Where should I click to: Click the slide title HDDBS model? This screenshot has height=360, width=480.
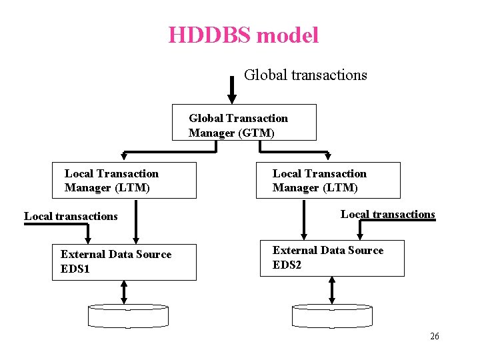point(243,35)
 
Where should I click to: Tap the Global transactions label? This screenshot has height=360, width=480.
point(305,75)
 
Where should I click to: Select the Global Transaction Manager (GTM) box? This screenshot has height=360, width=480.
point(244,123)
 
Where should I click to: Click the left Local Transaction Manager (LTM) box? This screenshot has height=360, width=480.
point(125,180)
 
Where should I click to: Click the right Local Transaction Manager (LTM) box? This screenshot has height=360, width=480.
point(328,180)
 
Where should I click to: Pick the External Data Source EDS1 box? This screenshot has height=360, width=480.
point(125,261)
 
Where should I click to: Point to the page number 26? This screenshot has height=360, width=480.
point(434,337)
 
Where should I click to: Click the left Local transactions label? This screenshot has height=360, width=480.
point(71,216)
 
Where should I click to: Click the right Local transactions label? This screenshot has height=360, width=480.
point(387,214)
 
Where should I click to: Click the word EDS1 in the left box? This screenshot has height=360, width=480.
point(75,269)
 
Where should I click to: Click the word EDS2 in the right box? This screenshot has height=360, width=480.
point(287,265)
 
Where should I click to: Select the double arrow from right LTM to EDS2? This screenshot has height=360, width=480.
point(305,219)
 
